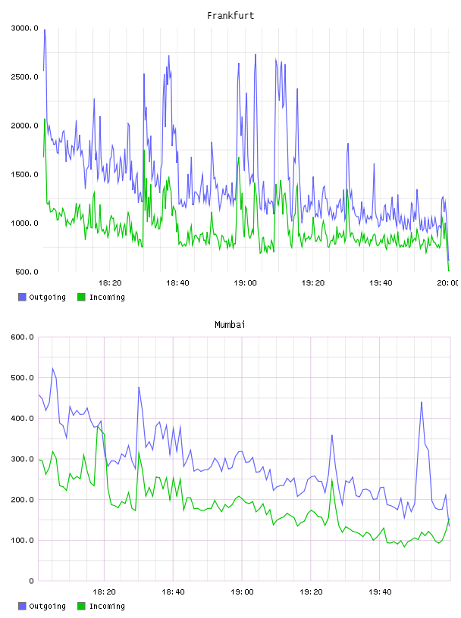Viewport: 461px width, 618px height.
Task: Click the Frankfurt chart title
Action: [x=230, y=15]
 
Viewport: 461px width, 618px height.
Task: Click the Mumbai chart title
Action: [x=230, y=324]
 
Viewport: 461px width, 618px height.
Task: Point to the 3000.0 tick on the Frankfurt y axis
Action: [x=25, y=28]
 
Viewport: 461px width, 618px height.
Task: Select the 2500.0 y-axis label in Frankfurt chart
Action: [x=25, y=76]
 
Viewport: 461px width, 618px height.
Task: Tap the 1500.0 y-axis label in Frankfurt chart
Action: [x=25, y=174]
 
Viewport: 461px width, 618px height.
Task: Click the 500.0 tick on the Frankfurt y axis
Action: [x=27, y=272]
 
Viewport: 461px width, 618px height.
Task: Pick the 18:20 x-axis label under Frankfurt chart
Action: [x=110, y=283]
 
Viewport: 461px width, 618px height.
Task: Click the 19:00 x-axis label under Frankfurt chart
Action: [x=245, y=283]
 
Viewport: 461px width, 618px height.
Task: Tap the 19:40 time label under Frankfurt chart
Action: [x=381, y=283]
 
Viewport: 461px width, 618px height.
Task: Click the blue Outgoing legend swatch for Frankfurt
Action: [x=22, y=297]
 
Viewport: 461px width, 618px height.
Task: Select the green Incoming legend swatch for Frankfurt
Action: [x=81, y=297]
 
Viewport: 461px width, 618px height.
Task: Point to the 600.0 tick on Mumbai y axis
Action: [x=23, y=337]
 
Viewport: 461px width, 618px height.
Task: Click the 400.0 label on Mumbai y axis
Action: [x=23, y=418]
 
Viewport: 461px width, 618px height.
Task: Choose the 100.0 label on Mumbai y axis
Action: [x=23, y=540]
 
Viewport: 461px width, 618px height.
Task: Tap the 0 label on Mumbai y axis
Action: [x=32, y=581]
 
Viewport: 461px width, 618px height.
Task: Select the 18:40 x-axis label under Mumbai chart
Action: [x=173, y=591]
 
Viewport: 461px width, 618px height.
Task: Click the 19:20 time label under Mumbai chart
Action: [x=311, y=591]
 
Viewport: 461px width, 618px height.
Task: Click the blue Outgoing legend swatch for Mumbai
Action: [x=22, y=606]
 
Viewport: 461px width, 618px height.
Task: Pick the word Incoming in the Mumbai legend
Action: [x=107, y=606]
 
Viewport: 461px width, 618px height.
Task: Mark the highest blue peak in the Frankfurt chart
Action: [x=45, y=30]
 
